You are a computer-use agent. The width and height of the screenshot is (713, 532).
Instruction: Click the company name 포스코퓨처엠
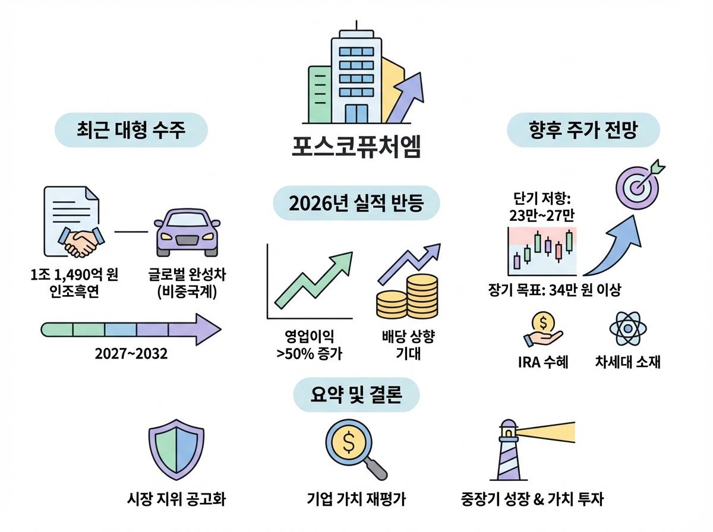(356, 147)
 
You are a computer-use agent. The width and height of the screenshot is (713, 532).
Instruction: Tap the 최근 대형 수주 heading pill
(131, 130)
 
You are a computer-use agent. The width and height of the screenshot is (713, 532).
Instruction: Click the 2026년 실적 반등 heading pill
(356, 204)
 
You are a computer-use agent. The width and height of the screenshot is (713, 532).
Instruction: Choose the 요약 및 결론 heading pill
(356, 394)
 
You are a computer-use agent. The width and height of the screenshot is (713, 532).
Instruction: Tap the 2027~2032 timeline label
(131, 354)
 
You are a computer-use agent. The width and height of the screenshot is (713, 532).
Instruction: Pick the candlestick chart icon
(542, 249)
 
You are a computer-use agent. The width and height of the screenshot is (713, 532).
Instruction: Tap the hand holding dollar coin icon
(542, 329)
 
